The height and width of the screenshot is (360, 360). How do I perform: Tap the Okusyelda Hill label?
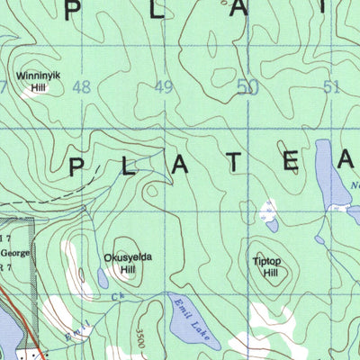coord(128,263)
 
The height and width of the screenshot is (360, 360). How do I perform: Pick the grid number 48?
coord(84,87)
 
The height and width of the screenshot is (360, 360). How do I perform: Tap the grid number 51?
coord(330,87)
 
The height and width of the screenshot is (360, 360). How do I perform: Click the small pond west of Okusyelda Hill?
coord(102,280)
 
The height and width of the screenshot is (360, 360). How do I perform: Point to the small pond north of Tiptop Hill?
coord(268,213)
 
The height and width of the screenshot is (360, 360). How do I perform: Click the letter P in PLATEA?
coord(78,166)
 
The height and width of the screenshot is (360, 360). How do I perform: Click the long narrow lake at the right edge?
coord(327,176)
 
